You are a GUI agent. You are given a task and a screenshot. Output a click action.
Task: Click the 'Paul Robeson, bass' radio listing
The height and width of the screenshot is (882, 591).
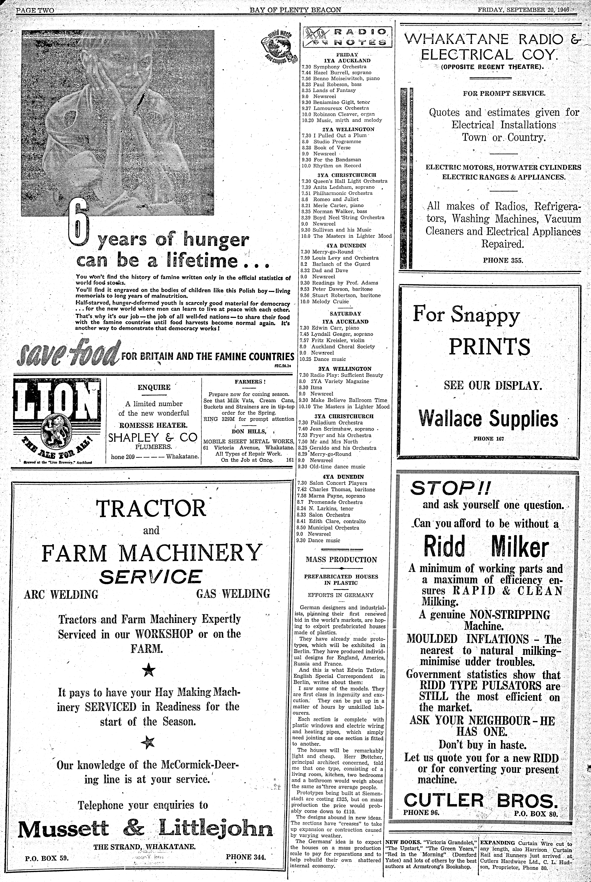pos(332,84)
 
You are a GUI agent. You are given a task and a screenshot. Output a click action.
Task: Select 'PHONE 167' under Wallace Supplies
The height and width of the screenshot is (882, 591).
pos(488,439)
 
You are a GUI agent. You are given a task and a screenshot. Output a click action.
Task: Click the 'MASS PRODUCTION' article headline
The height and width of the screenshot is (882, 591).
pos(341,560)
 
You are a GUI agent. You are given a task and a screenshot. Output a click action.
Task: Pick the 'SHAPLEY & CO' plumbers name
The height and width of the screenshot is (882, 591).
pos(153,437)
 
